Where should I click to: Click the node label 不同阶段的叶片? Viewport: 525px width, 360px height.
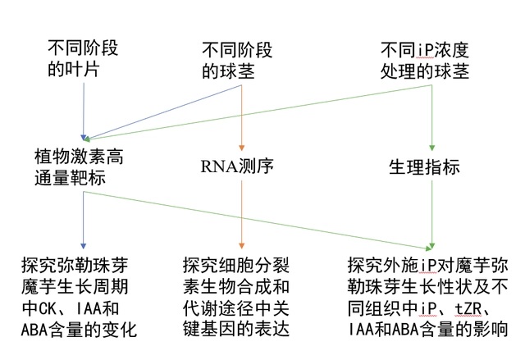(x=83, y=58)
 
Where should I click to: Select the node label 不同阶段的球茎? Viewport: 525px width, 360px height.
(x=237, y=61)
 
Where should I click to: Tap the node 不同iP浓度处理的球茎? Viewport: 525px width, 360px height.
(x=425, y=61)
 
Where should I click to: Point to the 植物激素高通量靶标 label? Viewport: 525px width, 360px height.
(x=79, y=167)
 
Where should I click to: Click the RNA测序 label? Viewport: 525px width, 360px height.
(x=237, y=166)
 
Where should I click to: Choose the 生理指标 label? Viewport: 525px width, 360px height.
(x=424, y=166)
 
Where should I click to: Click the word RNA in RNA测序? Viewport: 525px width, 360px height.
(x=219, y=166)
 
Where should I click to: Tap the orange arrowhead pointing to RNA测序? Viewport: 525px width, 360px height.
(x=241, y=148)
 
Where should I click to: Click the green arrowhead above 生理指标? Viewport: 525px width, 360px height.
(x=432, y=148)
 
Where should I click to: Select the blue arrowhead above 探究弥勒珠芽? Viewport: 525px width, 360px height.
(x=84, y=246)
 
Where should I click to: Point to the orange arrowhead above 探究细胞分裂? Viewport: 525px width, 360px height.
(x=241, y=246)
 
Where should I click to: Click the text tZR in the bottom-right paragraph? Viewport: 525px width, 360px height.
(x=468, y=308)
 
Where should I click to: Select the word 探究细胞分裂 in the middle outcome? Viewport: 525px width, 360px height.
(x=236, y=266)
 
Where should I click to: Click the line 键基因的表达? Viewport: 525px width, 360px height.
(x=236, y=329)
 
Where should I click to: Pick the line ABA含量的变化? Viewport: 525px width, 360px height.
(x=79, y=330)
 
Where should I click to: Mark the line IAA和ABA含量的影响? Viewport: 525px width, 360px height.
(x=428, y=329)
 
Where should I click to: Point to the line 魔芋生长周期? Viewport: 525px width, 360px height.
(x=75, y=287)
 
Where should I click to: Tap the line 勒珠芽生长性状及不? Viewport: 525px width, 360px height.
(x=428, y=287)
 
